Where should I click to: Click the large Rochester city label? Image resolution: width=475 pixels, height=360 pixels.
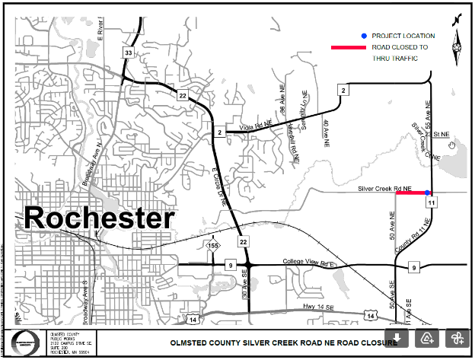99,218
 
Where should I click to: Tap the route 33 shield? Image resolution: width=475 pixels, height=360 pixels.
129,52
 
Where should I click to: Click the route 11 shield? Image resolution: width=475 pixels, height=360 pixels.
431,202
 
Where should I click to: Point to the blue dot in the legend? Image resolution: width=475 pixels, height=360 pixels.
365,36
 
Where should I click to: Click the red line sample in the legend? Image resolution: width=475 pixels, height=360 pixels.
347,47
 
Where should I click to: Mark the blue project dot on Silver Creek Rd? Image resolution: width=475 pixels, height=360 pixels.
427,193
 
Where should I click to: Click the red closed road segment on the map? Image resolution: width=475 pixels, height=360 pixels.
411,193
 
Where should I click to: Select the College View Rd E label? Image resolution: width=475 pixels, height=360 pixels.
309,262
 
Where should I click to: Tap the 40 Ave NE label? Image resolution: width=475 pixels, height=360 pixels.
325,132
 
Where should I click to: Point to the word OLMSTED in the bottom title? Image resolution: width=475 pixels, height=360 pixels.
189,343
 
